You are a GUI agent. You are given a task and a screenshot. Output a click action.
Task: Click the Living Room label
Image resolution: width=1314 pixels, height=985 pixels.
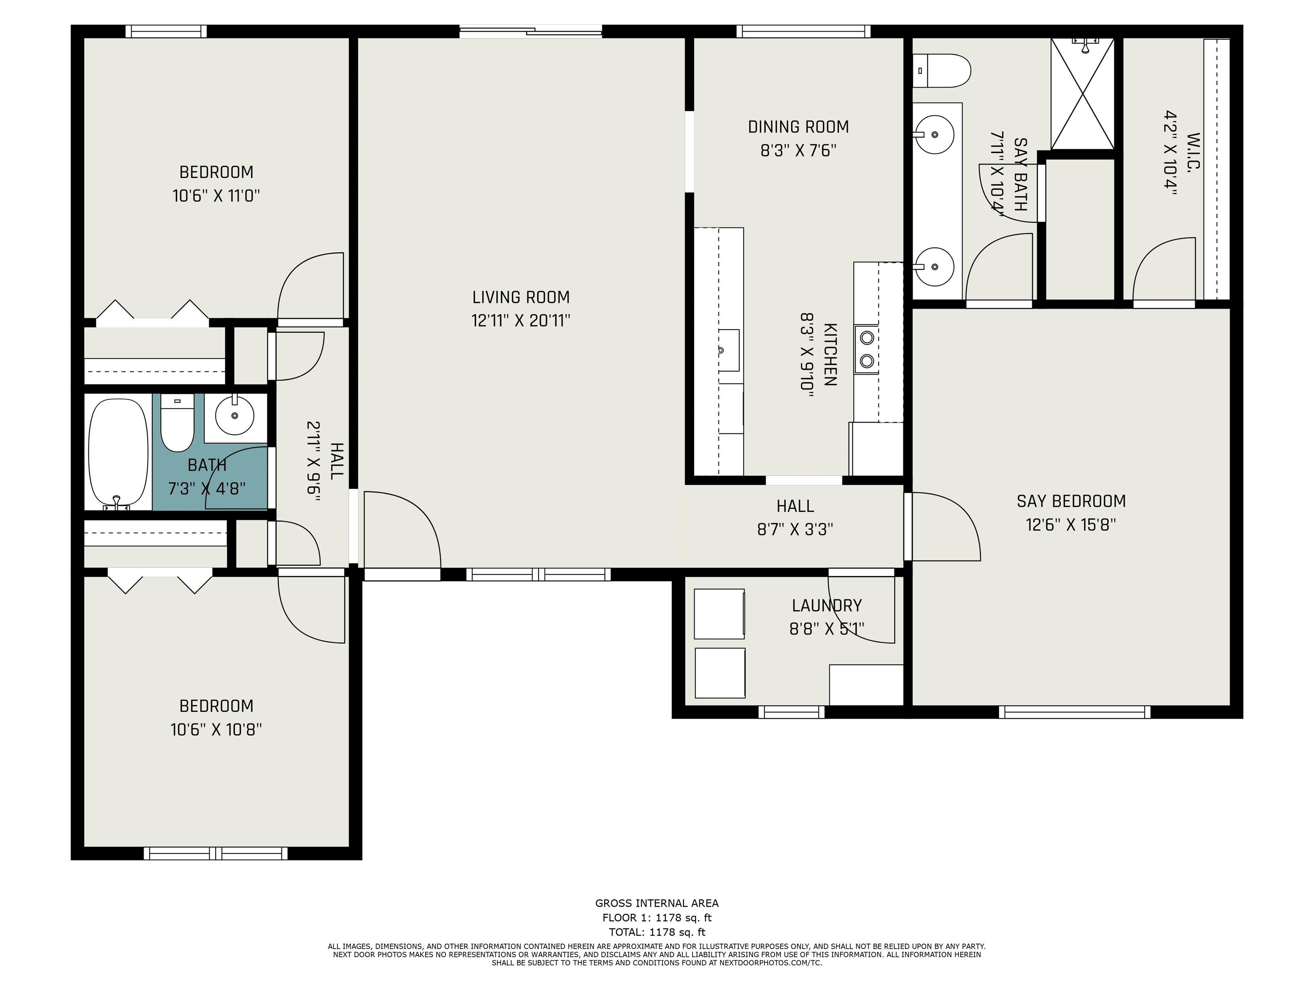(521, 297)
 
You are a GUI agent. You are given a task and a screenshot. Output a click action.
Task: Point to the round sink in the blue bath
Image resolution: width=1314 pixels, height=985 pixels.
(235, 416)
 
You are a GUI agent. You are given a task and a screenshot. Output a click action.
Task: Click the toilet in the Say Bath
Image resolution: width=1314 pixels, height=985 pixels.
(941, 71)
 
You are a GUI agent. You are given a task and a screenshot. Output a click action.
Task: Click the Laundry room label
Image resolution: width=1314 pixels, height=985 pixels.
(826, 606)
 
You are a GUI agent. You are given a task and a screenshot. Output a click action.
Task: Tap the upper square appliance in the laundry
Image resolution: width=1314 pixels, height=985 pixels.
(719, 614)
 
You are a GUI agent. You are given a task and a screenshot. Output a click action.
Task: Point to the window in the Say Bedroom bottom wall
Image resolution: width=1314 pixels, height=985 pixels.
(1074, 712)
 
